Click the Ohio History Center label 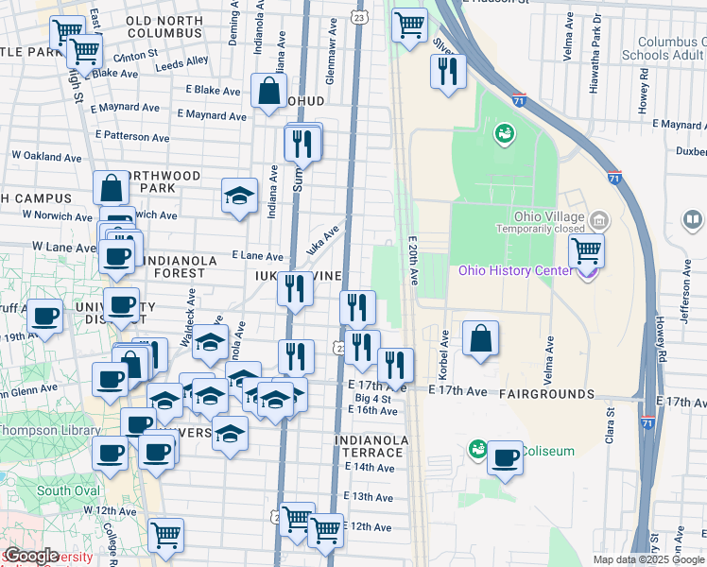click(x=515, y=271)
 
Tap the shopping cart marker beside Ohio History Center click(x=586, y=251)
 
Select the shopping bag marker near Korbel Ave click(x=480, y=338)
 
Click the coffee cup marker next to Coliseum click(x=506, y=458)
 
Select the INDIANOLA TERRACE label click(x=371, y=447)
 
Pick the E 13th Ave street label click(x=369, y=497)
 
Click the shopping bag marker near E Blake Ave click(x=268, y=91)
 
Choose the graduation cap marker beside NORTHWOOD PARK click(x=239, y=196)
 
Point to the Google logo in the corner click(x=30, y=556)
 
